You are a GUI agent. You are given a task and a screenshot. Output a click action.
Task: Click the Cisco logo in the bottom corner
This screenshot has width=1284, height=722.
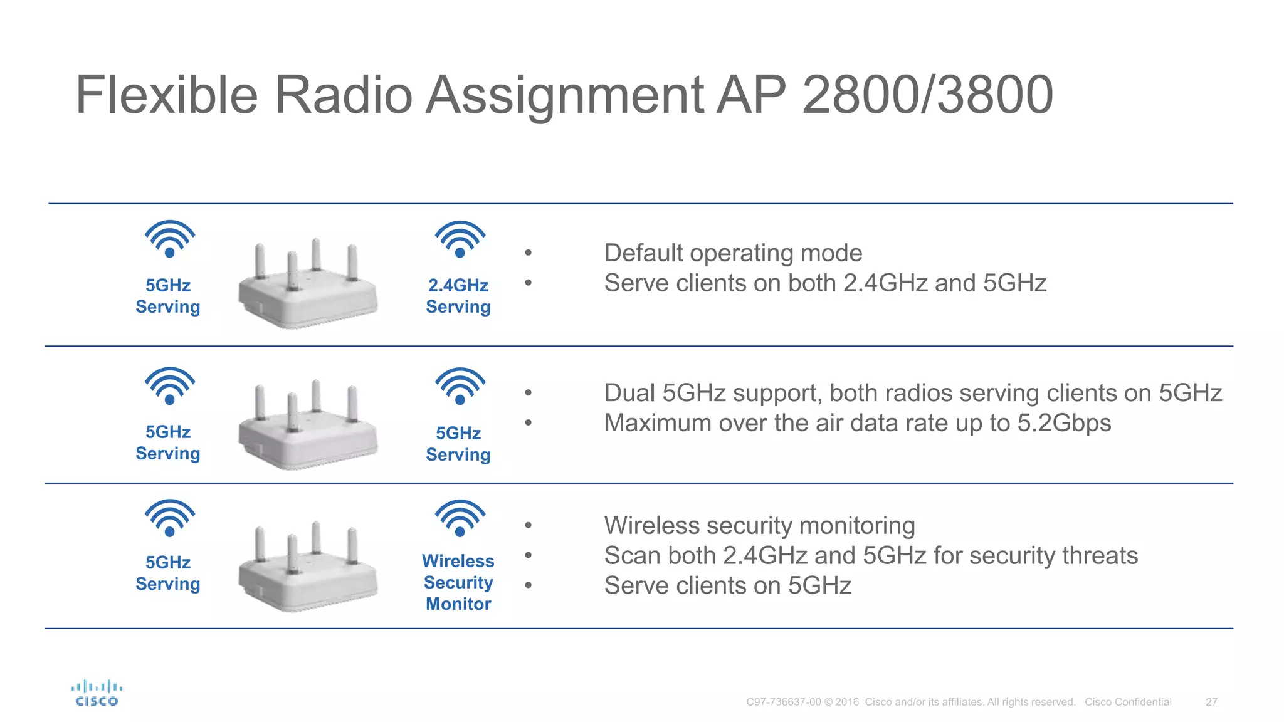pyautogui.click(x=97, y=694)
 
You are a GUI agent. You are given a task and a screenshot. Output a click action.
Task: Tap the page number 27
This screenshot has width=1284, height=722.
pyautogui.click(x=1211, y=702)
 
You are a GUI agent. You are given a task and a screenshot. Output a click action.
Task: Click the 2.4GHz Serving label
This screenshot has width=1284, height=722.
pyautogui.click(x=458, y=296)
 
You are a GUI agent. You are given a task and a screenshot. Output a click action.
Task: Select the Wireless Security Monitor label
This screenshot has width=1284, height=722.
pyautogui.click(x=458, y=582)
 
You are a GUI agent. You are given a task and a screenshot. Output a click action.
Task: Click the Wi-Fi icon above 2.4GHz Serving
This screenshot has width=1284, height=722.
pyautogui.click(x=460, y=239)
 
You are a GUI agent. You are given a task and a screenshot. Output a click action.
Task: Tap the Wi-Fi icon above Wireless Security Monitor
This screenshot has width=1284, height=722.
pyautogui.click(x=460, y=518)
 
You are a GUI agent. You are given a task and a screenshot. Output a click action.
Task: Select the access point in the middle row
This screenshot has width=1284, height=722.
pyautogui.click(x=307, y=425)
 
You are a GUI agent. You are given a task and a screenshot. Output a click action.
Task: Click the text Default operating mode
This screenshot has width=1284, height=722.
pyautogui.click(x=733, y=253)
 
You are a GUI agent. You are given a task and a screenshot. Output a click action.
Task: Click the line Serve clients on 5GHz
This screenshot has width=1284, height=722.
pyautogui.click(x=727, y=586)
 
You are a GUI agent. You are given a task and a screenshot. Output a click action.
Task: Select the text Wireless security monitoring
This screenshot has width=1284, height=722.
pyautogui.click(x=759, y=526)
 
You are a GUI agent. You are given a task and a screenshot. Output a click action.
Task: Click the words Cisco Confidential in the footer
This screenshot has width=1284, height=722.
pyautogui.click(x=1128, y=702)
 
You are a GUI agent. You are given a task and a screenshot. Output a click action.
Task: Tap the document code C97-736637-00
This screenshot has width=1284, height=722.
pyautogui.click(x=783, y=702)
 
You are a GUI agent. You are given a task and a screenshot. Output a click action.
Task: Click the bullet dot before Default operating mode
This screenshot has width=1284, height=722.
pyautogui.click(x=529, y=253)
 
